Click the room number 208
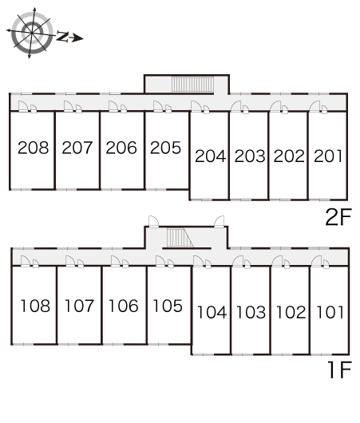34,148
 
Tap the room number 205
165,148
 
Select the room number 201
328,156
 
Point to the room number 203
250,156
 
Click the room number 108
35,306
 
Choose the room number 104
212,312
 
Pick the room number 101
330,312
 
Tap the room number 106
124,306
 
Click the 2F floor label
338,217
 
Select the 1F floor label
339,370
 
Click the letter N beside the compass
62,37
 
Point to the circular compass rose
32,33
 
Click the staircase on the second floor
192,85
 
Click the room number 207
77,148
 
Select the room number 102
291,312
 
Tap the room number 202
289,156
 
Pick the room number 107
79,306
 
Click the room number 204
211,156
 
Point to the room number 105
168,306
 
